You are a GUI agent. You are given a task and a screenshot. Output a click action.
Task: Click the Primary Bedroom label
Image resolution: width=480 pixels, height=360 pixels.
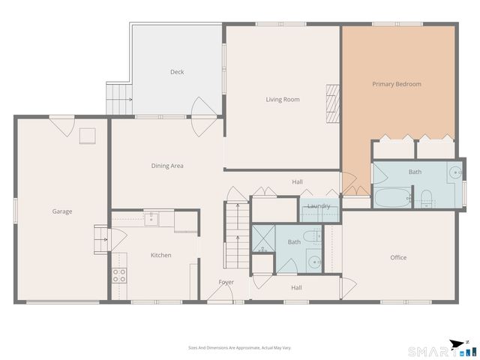pos(397,84)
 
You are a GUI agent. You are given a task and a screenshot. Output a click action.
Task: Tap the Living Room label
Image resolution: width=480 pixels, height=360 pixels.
pos(283,99)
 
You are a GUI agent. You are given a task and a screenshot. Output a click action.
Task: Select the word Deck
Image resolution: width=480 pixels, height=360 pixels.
pos(177,72)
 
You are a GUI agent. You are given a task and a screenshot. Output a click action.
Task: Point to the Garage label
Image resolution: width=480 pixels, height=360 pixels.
pos(62,211)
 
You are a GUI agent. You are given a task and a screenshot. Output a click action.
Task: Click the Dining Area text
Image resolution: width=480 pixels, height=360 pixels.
pos(167,166)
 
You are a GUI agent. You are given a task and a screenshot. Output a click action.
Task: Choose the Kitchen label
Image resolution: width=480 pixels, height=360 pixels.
pos(161,255)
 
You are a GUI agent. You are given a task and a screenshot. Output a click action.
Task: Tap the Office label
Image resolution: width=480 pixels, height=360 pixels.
pos(398,257)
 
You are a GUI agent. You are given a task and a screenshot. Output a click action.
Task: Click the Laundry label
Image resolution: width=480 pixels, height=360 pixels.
pos(319,206)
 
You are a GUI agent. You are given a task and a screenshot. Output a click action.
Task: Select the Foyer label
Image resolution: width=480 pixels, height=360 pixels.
pos(226,282)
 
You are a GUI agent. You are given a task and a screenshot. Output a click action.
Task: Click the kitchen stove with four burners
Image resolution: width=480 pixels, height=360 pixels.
pos(120,274)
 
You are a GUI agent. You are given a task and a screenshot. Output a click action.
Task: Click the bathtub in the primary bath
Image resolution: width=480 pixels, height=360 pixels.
pos(391,198)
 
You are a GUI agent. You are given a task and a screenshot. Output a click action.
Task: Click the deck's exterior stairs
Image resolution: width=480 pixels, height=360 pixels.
pos(118,98)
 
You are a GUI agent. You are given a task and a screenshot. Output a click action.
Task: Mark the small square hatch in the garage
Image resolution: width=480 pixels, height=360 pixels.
pos(88,136)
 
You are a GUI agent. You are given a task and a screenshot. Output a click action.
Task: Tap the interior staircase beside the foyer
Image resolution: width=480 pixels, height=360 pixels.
pos(235,232)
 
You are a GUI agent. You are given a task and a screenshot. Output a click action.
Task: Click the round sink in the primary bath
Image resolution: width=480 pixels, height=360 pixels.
pos(454,172)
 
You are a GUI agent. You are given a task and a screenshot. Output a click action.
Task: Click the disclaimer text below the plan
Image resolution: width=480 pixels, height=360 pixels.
pos(240,348)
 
